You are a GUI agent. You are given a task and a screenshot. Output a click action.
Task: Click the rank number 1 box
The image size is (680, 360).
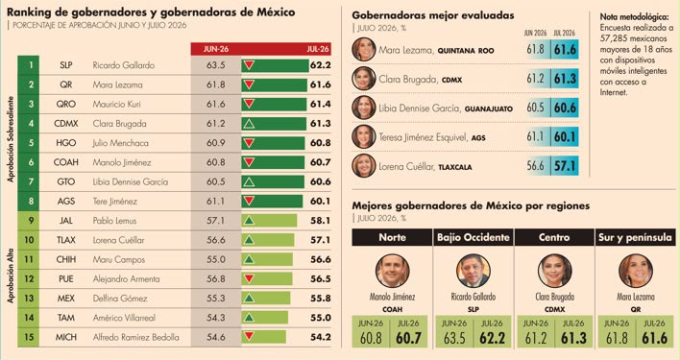(x=28, y=65)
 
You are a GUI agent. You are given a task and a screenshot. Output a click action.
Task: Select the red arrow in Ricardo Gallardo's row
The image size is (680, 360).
(x=249, y=65)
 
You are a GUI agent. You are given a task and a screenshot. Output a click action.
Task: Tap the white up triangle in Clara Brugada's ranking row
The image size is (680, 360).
(x=249, y=124)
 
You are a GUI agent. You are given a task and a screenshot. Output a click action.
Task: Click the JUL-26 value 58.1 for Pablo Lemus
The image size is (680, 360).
(x=321, y=221)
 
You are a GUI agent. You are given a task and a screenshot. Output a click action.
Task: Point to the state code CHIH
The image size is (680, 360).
(x=66, y=259)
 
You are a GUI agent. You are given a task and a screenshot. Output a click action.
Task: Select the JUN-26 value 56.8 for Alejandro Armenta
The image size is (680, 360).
(x=216, y=279)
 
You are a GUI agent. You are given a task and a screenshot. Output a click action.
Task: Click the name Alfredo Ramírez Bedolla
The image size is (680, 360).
(x=135, y=337)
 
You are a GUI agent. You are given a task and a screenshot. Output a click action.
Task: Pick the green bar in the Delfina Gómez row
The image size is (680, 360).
(x=266, y=298)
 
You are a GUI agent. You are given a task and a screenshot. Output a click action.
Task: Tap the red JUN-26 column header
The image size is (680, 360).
(x=216, y=49)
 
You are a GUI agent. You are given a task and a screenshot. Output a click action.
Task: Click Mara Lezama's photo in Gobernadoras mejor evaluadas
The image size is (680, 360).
(x=363, y=49)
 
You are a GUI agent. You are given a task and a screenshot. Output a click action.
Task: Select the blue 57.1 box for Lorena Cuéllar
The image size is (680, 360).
(x=565, y=166)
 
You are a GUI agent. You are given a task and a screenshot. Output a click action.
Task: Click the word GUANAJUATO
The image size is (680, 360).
(x=489, y=108)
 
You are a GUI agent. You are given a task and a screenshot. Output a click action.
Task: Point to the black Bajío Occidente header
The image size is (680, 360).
(x=474, y=237)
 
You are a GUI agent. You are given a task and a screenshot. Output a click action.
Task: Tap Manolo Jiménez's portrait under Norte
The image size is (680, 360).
(x=392, y=271)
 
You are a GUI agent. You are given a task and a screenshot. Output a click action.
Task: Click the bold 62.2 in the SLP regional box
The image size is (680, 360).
(x=492, y=338)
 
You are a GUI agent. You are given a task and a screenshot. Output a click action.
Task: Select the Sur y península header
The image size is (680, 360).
(x=635, y=237)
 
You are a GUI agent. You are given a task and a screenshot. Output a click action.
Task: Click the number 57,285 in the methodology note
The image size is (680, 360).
(x=613, y=38)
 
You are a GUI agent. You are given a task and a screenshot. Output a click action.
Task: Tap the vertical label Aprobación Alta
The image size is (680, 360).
(x=11, y=276)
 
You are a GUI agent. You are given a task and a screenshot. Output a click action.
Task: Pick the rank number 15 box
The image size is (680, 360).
(x=28, y=337)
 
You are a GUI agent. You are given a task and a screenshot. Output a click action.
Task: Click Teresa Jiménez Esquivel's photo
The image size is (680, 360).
(x=363, y=137)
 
